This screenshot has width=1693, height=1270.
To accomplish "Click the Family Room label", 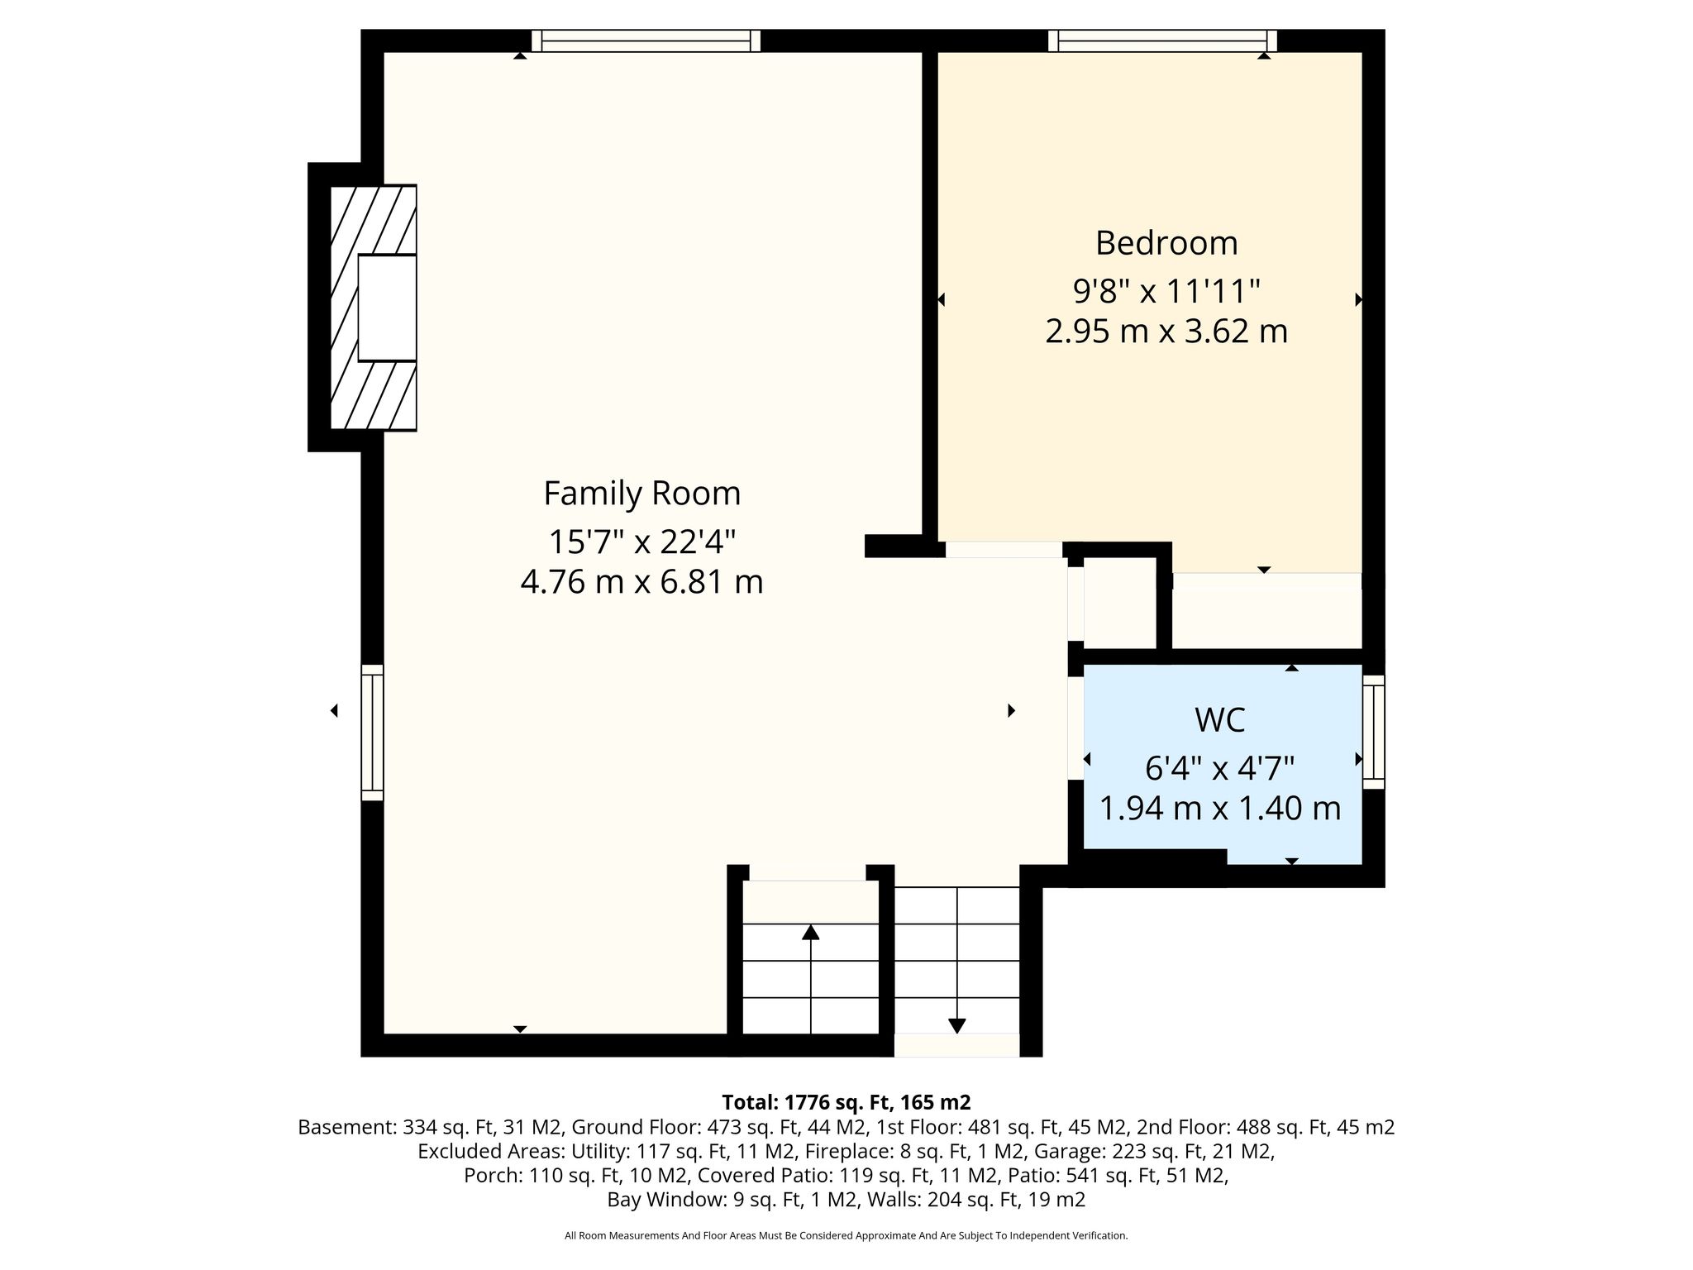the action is pos(641,494).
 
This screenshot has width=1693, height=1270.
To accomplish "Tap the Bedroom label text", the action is pos(1166,243).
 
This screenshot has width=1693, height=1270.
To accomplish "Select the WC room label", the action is pos(1219,720).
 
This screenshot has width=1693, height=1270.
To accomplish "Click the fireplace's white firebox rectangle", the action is pos(387,308).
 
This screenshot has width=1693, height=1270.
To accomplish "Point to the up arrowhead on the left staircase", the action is pos(811,932).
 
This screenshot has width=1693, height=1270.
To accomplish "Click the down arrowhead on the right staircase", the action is pos(956,1026).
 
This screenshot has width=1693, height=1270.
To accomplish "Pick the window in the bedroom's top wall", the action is pos(1162,41).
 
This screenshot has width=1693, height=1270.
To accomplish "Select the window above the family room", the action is pos(646,41).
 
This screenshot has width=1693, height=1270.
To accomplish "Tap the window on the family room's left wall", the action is pos(373,733).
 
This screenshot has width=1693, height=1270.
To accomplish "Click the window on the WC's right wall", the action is pos(1373,732).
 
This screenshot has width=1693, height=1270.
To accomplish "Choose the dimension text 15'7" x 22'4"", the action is pos(641,542).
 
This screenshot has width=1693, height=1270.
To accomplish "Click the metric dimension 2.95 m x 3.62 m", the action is pos(1166,332).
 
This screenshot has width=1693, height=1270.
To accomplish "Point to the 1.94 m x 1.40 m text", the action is pos(1219,808).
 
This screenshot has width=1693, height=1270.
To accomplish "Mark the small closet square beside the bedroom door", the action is pos(1119,603).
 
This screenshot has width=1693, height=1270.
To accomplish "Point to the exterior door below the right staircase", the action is pos(956,1045).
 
